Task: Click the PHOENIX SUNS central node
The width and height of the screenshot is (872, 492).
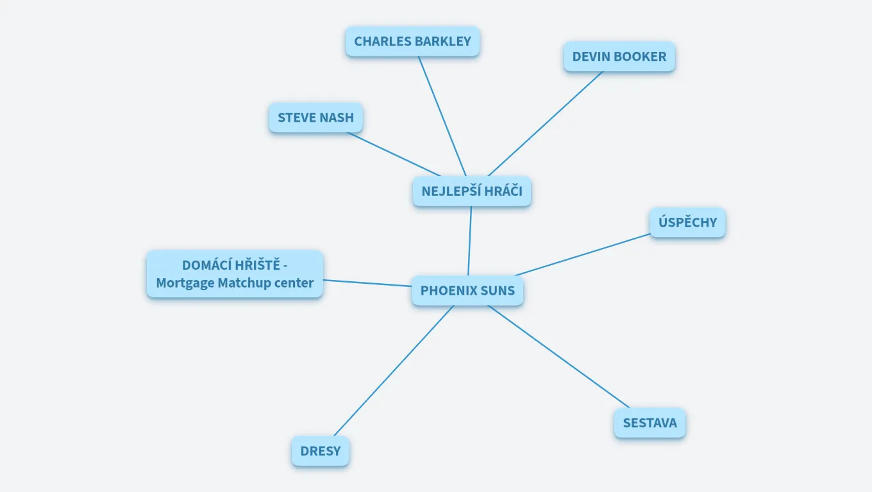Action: pyautogui.click(x=467, y=291)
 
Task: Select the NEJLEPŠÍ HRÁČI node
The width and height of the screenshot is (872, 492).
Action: pyautogui.click(x=472, y=191)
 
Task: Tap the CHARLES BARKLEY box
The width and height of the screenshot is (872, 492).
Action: pyautogui.click(x=412, y=42)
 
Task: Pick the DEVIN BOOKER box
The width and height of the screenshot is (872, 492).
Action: pyautogui.click(x=619, y=56)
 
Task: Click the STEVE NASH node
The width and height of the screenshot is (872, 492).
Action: pyautogui.click(x=315, y=118)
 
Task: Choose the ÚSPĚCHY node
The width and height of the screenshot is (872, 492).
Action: pyautogui.click(x=687, y=223)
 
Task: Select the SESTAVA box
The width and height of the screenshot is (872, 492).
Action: pyautogui.click(x=650, y=423)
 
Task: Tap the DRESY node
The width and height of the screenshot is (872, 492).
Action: pyautogui.click(x=321, y=451)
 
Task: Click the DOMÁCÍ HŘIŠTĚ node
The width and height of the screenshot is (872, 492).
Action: pyautogui.click(x=235, y=274)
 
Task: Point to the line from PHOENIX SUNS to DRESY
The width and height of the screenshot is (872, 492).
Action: pyautogui.click(x=394, y=371)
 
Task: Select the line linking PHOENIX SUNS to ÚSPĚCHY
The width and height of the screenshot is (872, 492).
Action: pyautogui.click(x=582, y=255)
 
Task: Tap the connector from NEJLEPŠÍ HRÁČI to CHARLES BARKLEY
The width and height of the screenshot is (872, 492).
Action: pyautogui.click(x=442, y=116)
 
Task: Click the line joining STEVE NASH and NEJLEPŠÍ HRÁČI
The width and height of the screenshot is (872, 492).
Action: pyautogui.click(x=394, y=154)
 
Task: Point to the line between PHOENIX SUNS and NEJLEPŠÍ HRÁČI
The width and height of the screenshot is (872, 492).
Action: pyautogui.click(x=470, y=241)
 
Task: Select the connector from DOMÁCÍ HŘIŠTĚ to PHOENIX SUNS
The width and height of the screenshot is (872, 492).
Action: pyautogui.click(x=367, y=283)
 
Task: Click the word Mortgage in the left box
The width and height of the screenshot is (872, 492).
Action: pyautogui.click(x=184, y=283)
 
